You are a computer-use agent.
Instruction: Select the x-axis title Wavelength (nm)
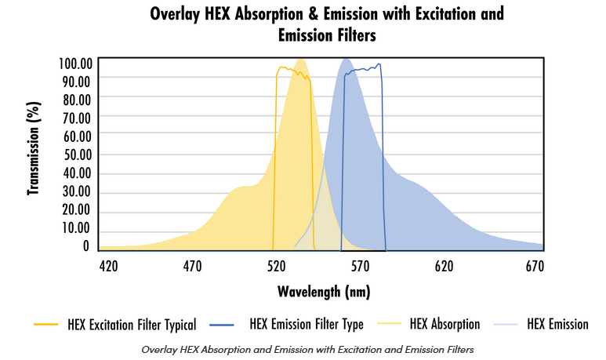point(323,292)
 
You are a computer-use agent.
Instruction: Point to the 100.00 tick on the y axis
point(75,63)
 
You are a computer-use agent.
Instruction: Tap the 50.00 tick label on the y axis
point(75,155)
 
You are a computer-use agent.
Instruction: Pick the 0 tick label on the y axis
point(86,246)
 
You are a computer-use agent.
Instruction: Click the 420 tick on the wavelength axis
point(108,267)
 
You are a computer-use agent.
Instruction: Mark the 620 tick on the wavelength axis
point(445,267)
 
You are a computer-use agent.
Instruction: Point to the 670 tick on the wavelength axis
point(534,267)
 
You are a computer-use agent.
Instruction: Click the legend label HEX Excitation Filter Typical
point(132,324)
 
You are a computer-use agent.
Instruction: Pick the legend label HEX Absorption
point(445,324)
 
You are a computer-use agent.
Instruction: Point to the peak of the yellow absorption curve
point(300,60)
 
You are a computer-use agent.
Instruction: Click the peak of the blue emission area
point(346,60)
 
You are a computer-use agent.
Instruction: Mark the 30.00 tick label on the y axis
point(75,191)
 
